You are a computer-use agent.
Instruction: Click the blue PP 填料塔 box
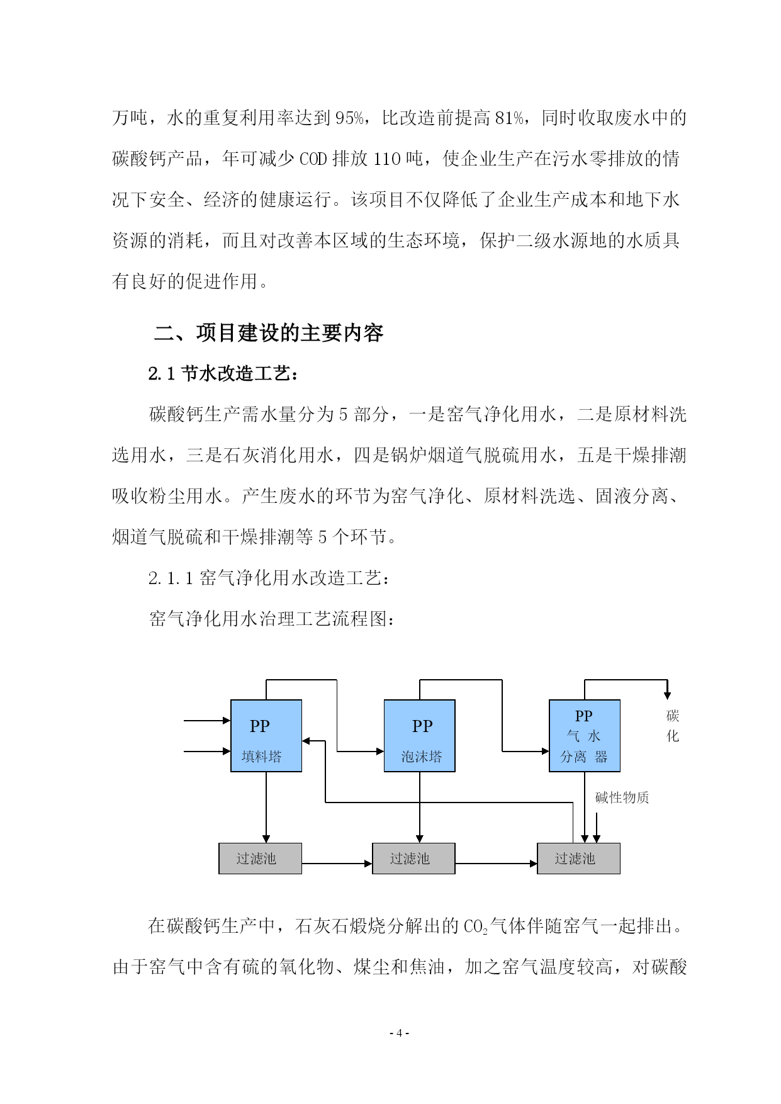pos(266,735)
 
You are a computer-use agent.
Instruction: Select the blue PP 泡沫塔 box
pos(420,735)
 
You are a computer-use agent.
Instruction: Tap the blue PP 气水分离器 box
pos(585,735)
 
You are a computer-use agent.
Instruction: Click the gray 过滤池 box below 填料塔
pos(260,859)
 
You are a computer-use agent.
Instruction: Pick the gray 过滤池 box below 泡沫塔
pos(413,859)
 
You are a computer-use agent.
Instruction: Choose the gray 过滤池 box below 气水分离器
pos(578,859)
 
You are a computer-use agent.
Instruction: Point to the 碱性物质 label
pos(622,797)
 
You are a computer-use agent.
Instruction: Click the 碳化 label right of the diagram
pos(673,726)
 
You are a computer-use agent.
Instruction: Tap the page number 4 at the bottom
pos(399,1033)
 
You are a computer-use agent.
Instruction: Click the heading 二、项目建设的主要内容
pos(269,332)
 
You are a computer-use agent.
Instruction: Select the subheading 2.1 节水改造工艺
pos(223,373)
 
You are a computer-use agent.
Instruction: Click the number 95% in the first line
pos(349,118)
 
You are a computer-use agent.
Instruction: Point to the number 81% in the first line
pos(509,118)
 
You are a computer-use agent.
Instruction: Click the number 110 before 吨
pos(387,159)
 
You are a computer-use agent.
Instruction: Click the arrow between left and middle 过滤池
pos(337,864)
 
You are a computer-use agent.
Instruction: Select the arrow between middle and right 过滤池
pos(496,864)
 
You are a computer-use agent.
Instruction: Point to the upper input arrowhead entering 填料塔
pos(227,720)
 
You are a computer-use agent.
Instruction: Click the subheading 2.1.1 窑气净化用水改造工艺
pos(269,578)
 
